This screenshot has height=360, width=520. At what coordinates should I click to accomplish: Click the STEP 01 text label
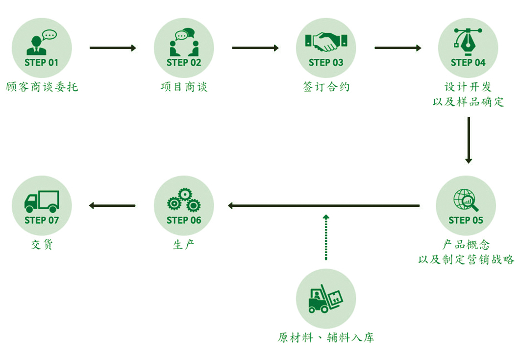click(x=42, y=63)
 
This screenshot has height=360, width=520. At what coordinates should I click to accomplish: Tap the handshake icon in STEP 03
click(x=326, y=42)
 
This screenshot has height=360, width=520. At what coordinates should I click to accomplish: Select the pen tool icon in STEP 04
click(x=468, y=40)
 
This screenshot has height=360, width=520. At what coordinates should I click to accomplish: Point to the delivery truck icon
click(x=42, y=201)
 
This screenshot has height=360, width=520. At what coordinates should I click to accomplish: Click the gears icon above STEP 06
click(x=184, y=200)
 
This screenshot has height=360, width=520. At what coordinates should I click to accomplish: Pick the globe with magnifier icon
click(x=466, y=200)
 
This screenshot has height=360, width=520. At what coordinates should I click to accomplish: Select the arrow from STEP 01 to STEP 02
click(x=113, y=48)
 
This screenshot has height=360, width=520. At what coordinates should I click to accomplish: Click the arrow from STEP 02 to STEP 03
click(x=255, y=48)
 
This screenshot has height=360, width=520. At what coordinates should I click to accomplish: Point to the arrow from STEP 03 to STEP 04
click(x=397, y=48)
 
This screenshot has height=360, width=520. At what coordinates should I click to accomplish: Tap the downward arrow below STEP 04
click(x=468, y=140)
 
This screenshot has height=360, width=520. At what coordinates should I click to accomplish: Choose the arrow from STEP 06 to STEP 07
click(x=112, y=206)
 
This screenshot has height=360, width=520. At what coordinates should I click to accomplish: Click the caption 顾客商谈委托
click(x=42, y=87)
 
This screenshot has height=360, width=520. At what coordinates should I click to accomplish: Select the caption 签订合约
click(x=326, y=87)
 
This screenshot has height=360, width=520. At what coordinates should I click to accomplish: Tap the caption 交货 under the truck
click(x=42, y=244)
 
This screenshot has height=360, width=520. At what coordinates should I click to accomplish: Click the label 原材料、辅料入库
click(x=326, y=337)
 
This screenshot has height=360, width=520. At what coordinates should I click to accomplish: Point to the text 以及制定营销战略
click(x=466, y=259)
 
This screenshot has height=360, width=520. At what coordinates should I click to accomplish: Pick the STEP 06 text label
click(x=184, y=220)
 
